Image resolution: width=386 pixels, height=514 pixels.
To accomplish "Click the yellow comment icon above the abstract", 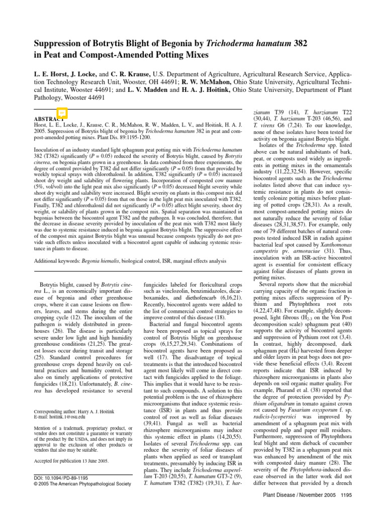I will [62, 111].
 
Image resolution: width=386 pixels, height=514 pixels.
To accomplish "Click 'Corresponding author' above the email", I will [56, 397].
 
